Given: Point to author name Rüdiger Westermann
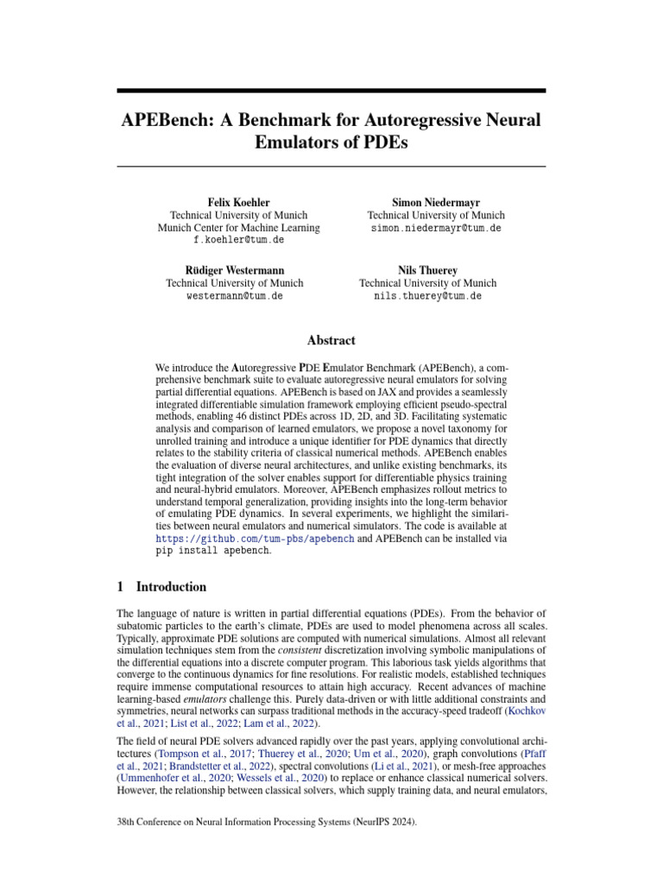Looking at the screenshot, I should (x=235, y=269).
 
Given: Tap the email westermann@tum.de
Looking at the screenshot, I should (x=235, y=295).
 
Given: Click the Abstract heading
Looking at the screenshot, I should (x=331, y=340).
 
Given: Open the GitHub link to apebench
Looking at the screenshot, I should (x=255, y=537).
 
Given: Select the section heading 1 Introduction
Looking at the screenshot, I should (x=161, y=587).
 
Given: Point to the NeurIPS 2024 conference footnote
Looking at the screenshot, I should (x=267, y=824).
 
